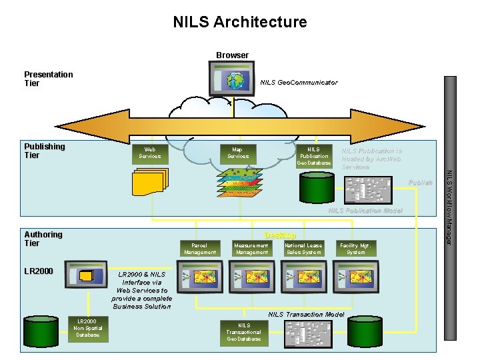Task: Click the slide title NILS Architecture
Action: coord(240,22)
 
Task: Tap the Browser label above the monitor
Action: coord(232,55)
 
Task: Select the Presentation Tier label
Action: coord(48,79)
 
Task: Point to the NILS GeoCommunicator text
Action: coord(299,83)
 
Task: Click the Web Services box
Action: coord(150,153)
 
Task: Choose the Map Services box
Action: coord(237,153)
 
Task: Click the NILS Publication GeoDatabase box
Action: coord(313,156)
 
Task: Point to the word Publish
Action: coord(420,182)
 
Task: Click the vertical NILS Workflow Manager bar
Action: coord(450,160)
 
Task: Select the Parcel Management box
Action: coord(200,249)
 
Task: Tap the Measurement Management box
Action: coord(251,249)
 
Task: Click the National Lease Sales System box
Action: coord(303,249)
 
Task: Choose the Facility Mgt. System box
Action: coord(356,249)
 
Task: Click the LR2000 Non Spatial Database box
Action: coord(87,328)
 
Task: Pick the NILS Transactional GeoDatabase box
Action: coord(244,331)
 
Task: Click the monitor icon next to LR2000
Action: coord(88,276)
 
